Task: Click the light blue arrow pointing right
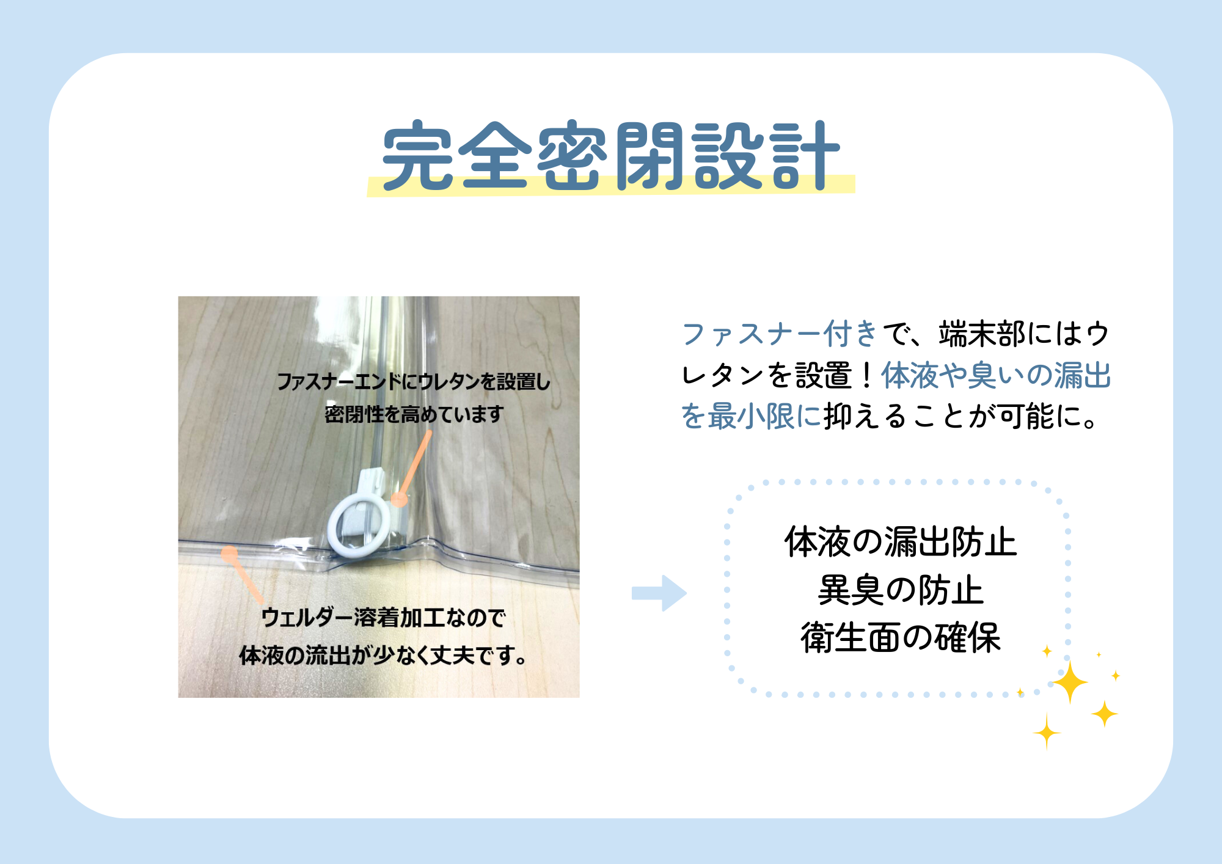659,593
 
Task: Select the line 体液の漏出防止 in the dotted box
901,542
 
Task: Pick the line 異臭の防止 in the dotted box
901,590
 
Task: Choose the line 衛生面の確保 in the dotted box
901,638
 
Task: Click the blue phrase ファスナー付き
780,334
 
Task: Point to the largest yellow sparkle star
1070,682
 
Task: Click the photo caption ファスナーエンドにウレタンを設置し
414,382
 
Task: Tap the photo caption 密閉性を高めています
414,414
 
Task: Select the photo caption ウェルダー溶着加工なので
383,618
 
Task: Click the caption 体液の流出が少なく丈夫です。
383,655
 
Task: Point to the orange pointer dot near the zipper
399,500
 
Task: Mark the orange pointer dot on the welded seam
229,554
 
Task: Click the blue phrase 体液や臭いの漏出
996,375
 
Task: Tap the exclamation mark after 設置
866,375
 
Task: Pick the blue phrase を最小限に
751,416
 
